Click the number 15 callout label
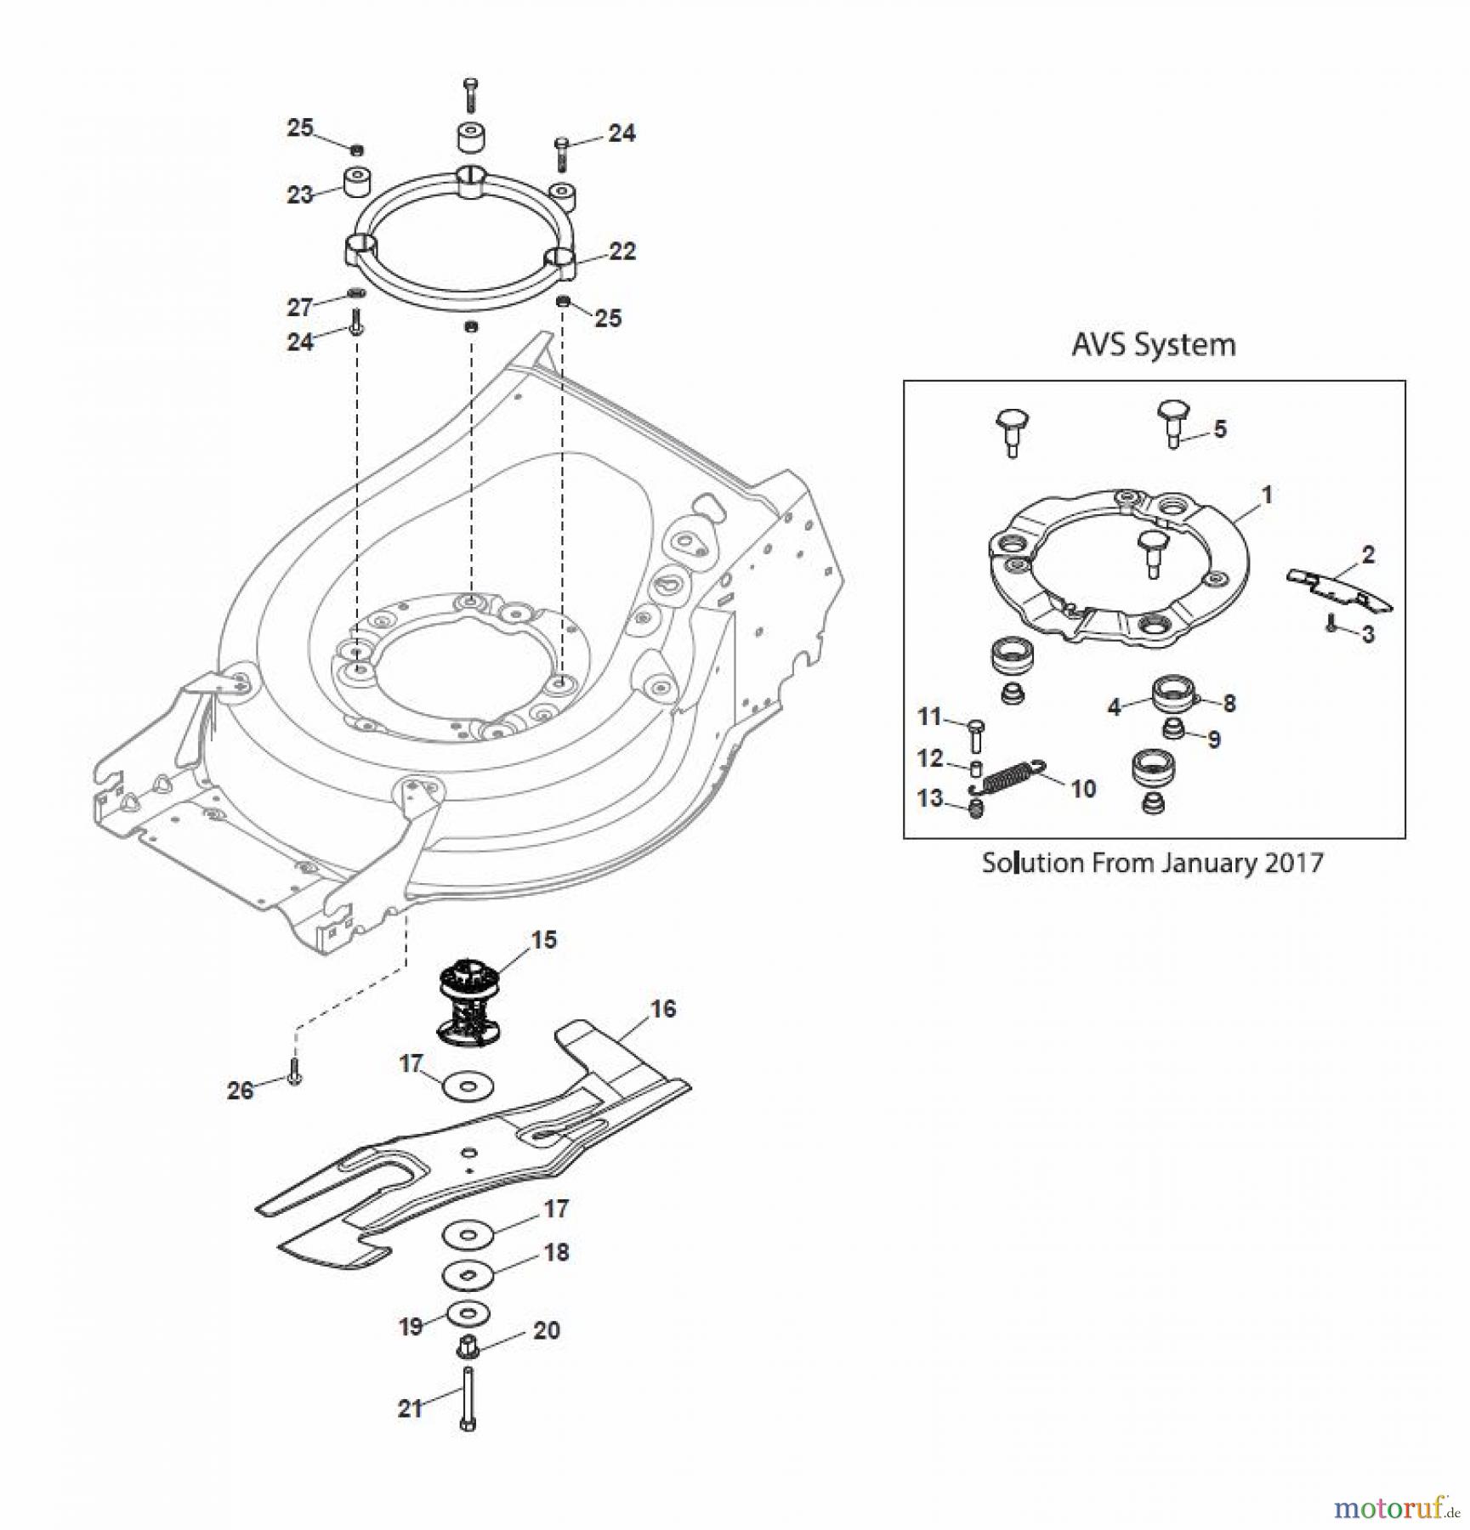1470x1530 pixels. [x=543, y=939]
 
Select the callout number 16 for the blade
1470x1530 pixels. [x=662, y=1009]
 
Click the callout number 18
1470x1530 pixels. [x=556, y=1252]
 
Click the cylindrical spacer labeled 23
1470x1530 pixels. [x=359, y=181]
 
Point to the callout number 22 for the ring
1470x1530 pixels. [x=622, y=252]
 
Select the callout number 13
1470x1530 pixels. [x=929, y=798]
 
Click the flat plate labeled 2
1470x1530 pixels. [x=1337, y=590]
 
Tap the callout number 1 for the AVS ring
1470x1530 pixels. [x=1266, y=494]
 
